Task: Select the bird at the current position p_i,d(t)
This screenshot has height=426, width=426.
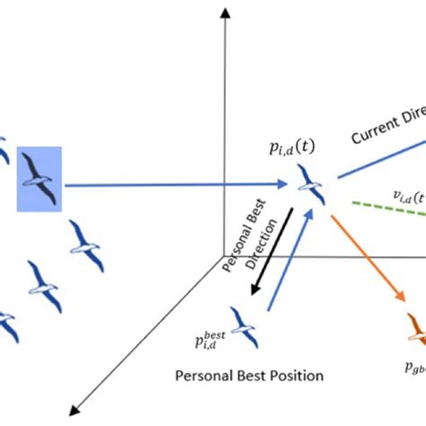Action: point(311,183)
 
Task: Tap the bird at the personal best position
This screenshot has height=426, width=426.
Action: point(242,324)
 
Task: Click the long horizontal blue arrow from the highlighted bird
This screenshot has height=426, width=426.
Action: point(180,186)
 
